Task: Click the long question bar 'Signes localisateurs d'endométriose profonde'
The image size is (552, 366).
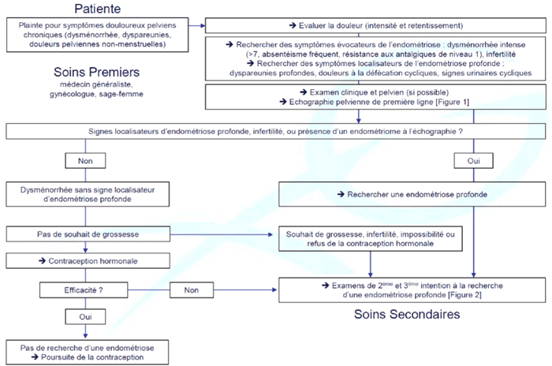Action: (276, 132)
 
